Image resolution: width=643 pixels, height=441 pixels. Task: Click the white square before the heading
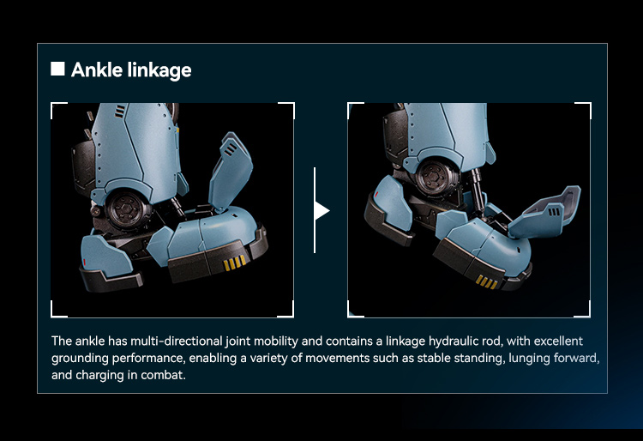tap(57, 69)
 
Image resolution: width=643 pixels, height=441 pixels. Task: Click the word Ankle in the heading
tap(97, 69)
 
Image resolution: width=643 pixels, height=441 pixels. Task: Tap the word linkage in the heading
tap(159, 70)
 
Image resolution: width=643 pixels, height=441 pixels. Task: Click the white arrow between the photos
tap(321, 210)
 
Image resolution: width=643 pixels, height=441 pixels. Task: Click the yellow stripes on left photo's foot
tap(235, 263)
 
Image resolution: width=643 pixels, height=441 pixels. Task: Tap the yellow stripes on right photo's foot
tap(486, 282)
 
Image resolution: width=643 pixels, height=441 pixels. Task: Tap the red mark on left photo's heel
tap(85, 262)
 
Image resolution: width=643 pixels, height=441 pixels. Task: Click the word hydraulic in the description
tap(466, 341)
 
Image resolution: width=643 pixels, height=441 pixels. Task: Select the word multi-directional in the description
tap(177, 341)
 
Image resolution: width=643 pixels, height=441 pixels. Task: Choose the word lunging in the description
tap(530, 359)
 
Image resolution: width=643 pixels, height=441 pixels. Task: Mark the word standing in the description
tap(482, 359)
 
